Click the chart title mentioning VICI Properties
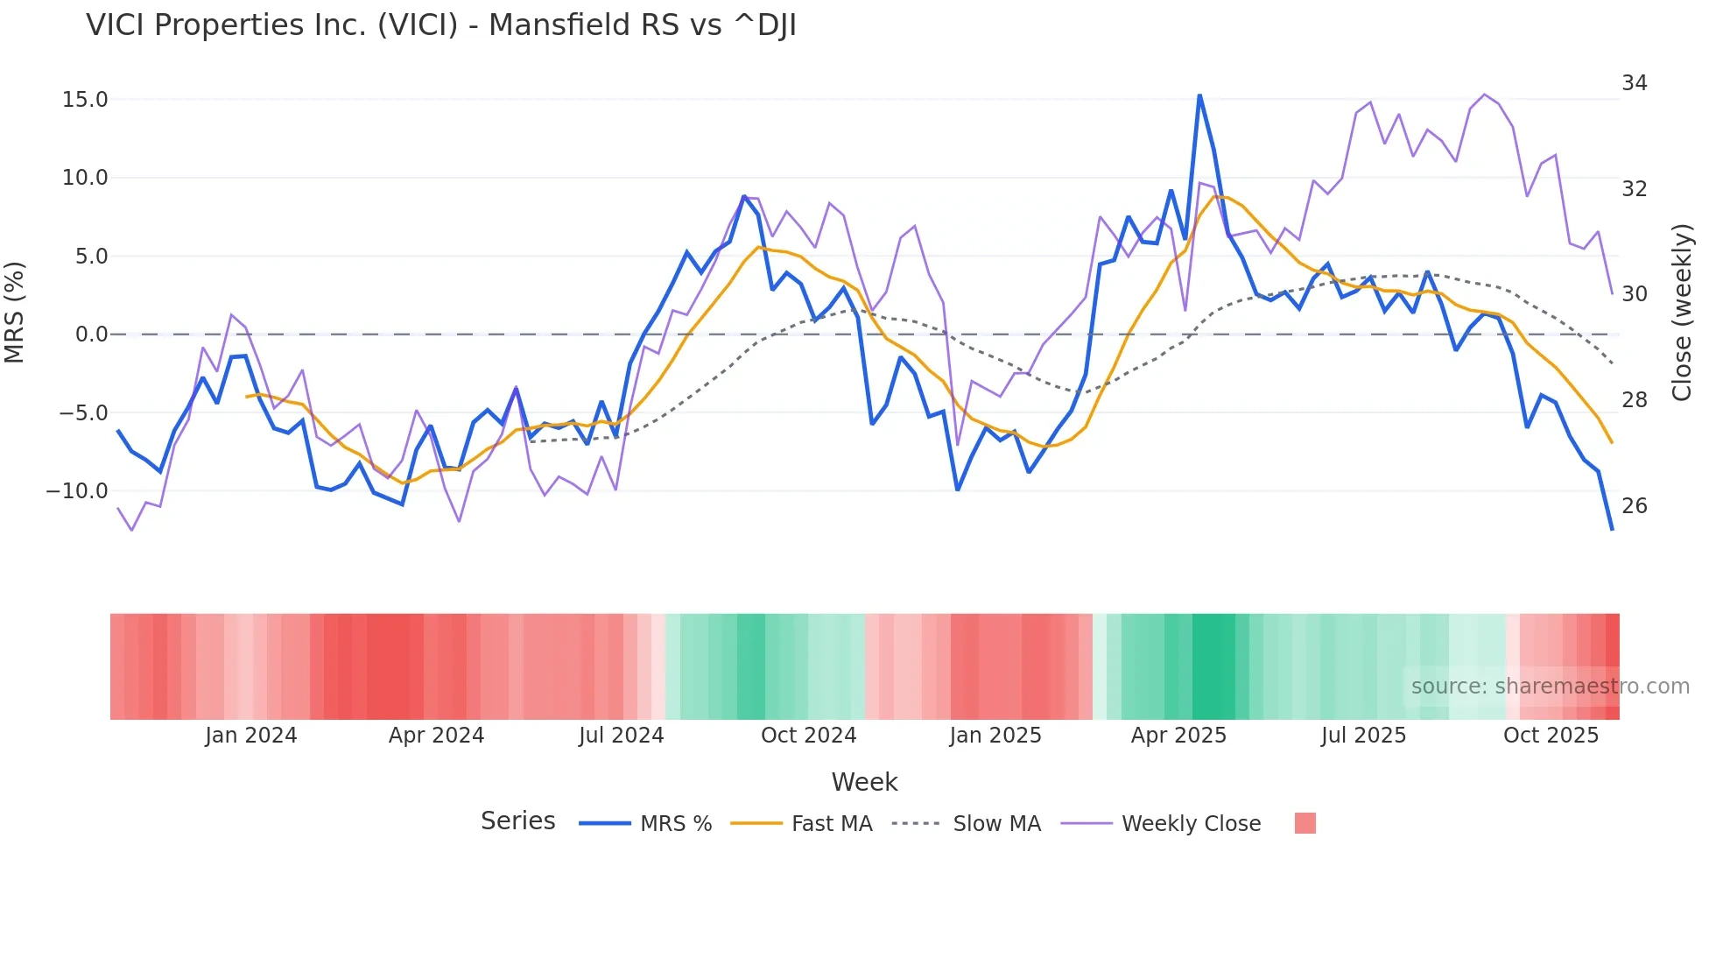[440, 25]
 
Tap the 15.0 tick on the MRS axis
[85, 100]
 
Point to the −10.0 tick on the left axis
[77, 491]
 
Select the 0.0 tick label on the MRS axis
[91, 335]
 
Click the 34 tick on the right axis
[1634, 83]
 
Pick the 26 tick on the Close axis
[1634, 506]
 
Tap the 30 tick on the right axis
[1634, 294]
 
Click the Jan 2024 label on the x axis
[251, 736]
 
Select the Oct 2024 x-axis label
[808, 736]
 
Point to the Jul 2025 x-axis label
[1363, 736]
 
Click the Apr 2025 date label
[1178, 736]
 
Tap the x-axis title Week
[864, 782]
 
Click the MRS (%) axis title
[15, 313]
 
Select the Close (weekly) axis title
[1681, 313]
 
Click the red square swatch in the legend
[1305, 823]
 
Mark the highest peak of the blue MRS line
[1199, 95]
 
